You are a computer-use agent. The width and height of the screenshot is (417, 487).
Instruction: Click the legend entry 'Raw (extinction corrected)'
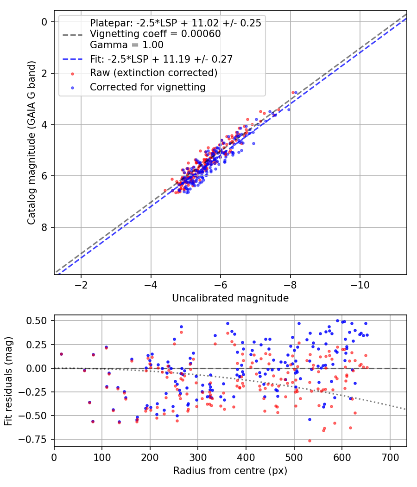153,73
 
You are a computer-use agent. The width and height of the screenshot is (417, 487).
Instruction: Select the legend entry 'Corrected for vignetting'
147,87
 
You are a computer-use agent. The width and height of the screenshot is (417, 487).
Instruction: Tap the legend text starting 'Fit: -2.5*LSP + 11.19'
161,59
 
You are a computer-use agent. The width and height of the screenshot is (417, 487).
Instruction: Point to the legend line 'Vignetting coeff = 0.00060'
155,34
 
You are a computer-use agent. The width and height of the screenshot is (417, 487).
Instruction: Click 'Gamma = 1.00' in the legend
126,45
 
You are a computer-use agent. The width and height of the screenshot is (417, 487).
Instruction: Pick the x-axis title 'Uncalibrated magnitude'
230,298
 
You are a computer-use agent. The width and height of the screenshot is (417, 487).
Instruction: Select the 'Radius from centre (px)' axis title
230,471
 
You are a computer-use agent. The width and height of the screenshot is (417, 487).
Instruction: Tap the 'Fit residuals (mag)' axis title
8,381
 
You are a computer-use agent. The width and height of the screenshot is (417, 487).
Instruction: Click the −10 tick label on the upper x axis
360,284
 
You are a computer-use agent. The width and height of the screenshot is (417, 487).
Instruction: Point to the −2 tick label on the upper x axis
81,284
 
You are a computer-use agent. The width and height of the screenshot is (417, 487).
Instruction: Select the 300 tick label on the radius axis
198,457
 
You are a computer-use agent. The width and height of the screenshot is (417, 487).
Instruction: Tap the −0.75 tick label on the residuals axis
37,439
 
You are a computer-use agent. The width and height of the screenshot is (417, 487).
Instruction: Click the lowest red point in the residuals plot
310,441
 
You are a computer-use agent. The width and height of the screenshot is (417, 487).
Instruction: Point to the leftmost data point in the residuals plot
61,354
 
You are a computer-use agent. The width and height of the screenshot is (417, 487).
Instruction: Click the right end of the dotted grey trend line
406,409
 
